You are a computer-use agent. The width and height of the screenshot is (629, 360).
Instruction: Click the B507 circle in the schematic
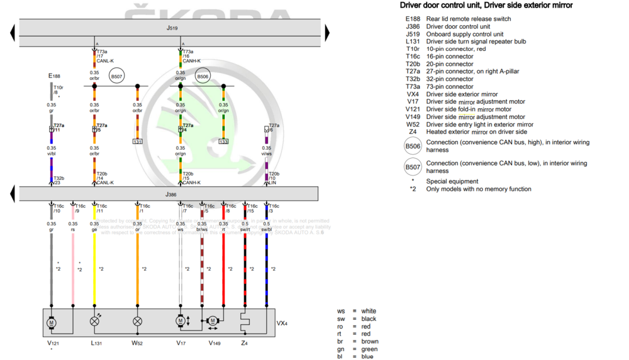(116, 77)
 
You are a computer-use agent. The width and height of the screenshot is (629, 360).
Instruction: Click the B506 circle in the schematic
(202, 77)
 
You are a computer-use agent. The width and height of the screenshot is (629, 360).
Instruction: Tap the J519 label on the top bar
(172, 29)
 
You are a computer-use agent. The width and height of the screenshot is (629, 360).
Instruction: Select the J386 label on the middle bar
(171, 195)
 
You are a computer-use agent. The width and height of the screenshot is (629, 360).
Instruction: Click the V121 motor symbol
(52, 322)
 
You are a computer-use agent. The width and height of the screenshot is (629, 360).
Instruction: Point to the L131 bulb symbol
(95, 321)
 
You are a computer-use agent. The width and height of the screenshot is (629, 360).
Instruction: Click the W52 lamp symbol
(138, 321)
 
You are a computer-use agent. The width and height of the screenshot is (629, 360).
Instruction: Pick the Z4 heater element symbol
(245, 321)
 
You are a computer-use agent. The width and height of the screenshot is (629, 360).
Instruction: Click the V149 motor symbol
(213, 321)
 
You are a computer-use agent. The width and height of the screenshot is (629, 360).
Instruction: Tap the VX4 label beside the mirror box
(282, 323)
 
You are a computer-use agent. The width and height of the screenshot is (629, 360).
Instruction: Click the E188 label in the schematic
(55, 76)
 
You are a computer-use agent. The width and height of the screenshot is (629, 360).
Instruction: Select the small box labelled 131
(138, 142)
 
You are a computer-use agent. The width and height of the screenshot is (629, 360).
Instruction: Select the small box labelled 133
(223, 142)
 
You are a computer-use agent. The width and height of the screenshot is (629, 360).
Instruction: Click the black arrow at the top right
(328, 33)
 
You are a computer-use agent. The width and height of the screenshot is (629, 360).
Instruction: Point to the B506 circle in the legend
(413, 147)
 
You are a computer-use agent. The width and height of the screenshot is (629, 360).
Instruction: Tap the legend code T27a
(413, 72)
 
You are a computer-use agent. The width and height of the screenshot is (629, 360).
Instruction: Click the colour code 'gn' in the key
(341, 349)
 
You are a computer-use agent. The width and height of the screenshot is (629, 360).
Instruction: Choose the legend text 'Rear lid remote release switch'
(469, 19)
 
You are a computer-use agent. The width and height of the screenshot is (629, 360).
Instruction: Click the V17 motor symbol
(181, 321)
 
